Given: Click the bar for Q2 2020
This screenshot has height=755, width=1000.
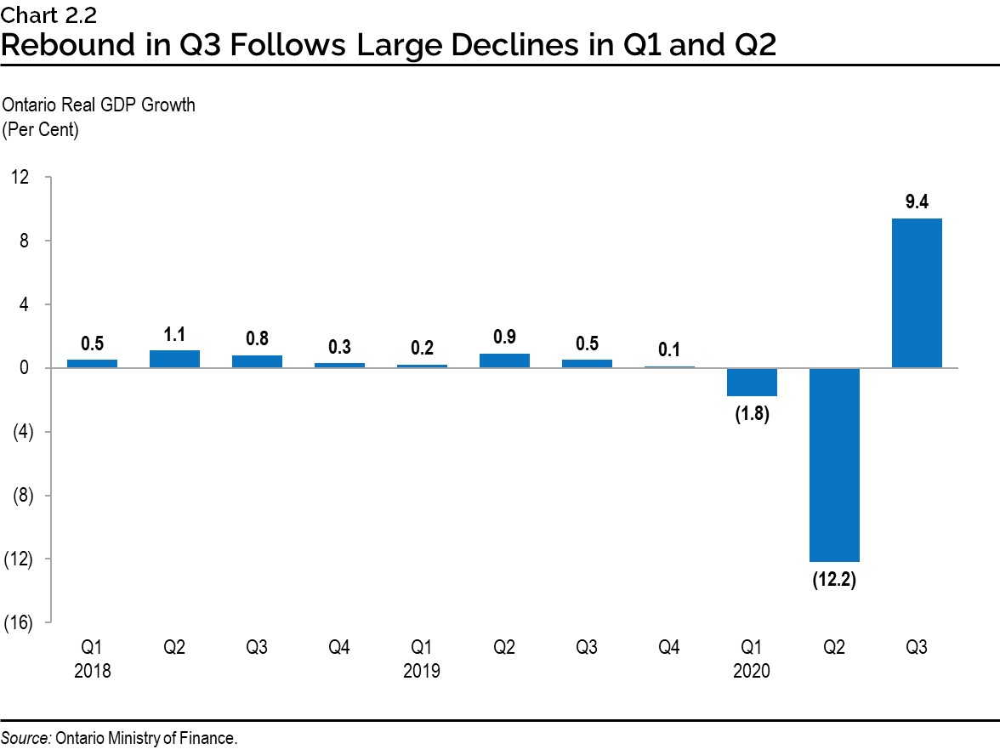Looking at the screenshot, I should (834, 464).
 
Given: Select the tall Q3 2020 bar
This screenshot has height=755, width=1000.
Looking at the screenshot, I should (917, 293).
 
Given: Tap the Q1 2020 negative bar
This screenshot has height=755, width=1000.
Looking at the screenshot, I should (752, 382).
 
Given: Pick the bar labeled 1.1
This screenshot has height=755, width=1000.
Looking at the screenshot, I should (174, 359).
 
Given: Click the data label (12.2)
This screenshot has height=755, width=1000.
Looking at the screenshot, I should (834, 581).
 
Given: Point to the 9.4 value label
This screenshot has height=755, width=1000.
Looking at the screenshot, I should (917, 202).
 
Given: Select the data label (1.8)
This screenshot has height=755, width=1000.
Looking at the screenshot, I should (752, 416).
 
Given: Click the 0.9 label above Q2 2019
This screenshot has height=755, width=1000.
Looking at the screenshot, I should (504, 336).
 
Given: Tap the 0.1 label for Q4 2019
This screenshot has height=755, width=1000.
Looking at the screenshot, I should (669, 349).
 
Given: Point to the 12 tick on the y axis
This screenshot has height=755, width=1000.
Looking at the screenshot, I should (20, 177).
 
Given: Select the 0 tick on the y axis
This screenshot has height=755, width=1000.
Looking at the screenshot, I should (26, 368).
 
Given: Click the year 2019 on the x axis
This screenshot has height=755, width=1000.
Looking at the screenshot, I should (422, 672).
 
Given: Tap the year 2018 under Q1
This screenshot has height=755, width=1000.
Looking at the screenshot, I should (92, 672).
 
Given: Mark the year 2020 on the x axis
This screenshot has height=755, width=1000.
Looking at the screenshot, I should (752, 672).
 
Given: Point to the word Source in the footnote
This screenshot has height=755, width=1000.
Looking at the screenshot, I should (26, 738).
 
